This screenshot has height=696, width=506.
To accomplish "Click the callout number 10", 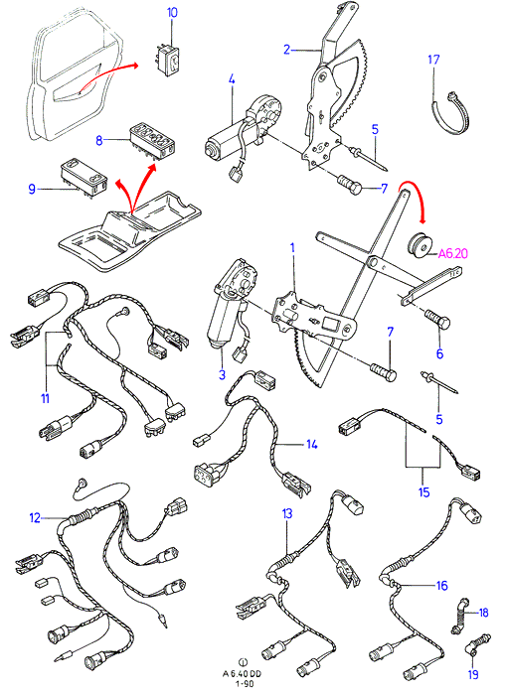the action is click(x=172, y=13).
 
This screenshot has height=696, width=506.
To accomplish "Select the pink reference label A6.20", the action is click(x=452, y=253).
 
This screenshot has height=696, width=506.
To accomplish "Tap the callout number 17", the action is click(x=433, y=59).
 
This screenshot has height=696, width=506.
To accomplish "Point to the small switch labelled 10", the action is click(x=168, y=60).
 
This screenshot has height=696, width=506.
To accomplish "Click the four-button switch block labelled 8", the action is click(x=151, y=141).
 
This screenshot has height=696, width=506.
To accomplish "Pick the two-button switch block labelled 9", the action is click(x=84, y=180).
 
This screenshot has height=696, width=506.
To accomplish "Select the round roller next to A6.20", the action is click(x=419, y=244).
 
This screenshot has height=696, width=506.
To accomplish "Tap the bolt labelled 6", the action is click(x=437, y=320).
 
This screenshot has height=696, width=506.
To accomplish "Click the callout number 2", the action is click(x=286, y=50).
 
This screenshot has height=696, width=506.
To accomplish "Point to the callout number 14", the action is click(x=312, y=444).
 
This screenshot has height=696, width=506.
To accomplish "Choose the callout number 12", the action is click(x=35, y=517).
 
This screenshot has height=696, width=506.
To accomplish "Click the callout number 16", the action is click(x=441, y=586).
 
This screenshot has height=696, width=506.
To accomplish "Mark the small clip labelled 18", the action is click(x=459, y=616).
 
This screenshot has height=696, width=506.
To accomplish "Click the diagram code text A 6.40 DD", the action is click(x=243, y=674).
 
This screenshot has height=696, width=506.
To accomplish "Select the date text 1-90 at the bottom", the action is click(x=244, y=683).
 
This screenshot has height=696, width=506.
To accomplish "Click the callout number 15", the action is click(x=423, y=491).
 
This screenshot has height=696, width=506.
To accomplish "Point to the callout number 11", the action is click(x=45, y=398).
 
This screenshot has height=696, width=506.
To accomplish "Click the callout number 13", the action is click(x=287, y=513).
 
